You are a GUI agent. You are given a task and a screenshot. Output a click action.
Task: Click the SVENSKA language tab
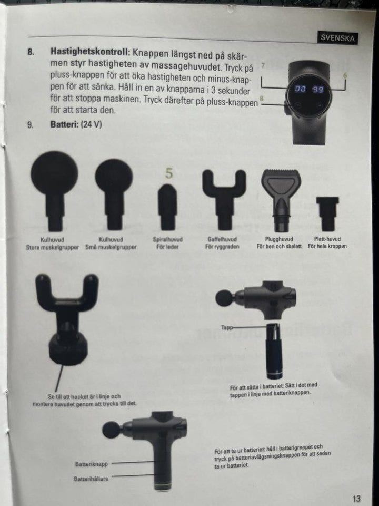pos(337,38)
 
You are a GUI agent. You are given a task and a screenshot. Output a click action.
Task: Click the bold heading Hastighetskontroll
pos(90,52)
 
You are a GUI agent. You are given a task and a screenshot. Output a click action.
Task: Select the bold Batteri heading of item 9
pos(64,124)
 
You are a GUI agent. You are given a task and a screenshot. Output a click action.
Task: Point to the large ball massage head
pos(54,190)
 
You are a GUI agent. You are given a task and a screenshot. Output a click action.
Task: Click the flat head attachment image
pos(327,213)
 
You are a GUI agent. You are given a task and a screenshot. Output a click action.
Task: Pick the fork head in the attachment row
pos(224,199)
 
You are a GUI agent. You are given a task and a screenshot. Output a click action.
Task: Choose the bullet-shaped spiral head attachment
pos(167,207)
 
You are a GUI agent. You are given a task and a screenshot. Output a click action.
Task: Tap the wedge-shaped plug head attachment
pos(281,200)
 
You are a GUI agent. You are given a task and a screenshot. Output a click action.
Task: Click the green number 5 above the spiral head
pos(169,173)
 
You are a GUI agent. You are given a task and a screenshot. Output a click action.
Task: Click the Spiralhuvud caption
pos(167,239)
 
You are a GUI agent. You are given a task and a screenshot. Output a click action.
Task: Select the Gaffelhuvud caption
pos(222,239)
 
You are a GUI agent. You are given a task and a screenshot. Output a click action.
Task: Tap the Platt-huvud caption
pos(327,239)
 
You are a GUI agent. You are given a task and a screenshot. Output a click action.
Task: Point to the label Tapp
pos(226,327)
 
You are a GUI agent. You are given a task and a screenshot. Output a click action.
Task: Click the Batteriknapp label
pos(92,464)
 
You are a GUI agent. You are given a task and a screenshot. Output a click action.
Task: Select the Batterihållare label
pos(91,479)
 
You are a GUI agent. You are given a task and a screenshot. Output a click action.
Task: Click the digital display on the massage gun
pos(309,95)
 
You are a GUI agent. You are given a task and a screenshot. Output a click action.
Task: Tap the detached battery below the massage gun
pos(275,351)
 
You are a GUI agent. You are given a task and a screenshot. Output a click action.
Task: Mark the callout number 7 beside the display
pos(263,65)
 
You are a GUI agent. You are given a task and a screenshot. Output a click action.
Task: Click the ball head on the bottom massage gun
pos(111,430)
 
